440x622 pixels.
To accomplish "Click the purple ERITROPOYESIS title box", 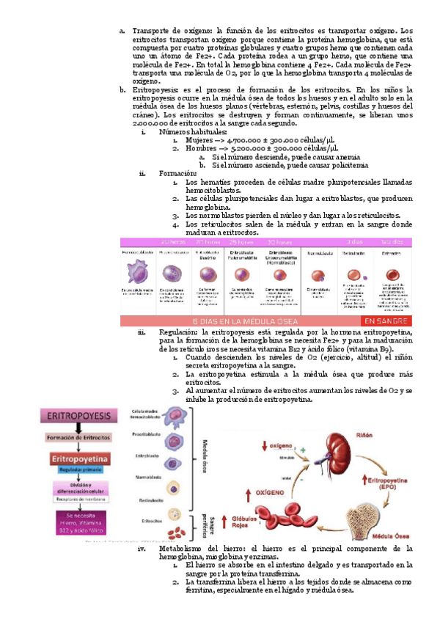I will point(78,416).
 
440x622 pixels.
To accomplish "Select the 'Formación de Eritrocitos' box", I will point(78,437).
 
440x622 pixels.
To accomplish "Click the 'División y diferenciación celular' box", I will point(78,489).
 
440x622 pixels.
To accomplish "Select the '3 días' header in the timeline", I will point(355,241).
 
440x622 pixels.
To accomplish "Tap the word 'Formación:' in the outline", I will point(178,173).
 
